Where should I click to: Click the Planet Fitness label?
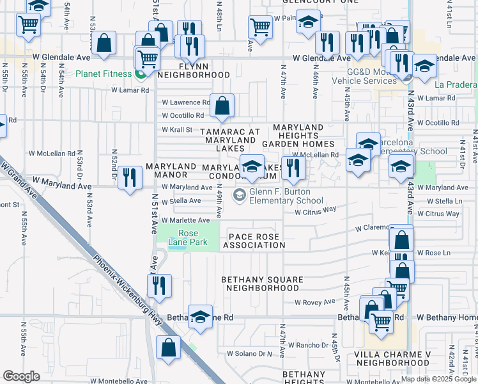[103, 74]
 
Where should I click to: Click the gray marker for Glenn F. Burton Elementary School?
[240, 195]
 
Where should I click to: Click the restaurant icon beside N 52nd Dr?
[130, 177]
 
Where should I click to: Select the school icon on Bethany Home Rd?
[200, 317]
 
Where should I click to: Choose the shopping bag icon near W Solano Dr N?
[168, 348]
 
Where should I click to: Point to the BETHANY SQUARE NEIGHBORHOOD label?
[260, 284]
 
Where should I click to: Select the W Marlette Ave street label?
[186, 220]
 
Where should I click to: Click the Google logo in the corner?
[21, 376]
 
